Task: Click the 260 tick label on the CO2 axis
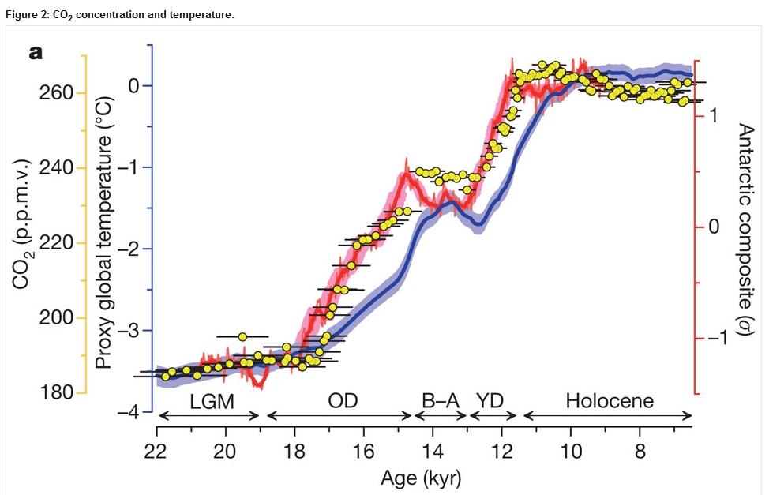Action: click(56, 92)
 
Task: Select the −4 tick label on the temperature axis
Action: click(128, 412)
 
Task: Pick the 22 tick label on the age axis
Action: click(156, 450)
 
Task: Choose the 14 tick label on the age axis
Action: click(432, 450)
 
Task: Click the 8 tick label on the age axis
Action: click(640, 450)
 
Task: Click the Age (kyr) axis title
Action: click(421, 478)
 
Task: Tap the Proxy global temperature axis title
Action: click(104, 232)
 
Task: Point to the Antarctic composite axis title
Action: click(745, 230)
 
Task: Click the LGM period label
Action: click(212, 402)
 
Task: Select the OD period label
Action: click(343, 401)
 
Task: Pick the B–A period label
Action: click(441, 401)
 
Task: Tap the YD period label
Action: click(490, 401)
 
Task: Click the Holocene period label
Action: click(610, 401)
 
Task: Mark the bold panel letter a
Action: click(36, 52)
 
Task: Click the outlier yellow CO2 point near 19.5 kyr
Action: click(242, 336)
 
